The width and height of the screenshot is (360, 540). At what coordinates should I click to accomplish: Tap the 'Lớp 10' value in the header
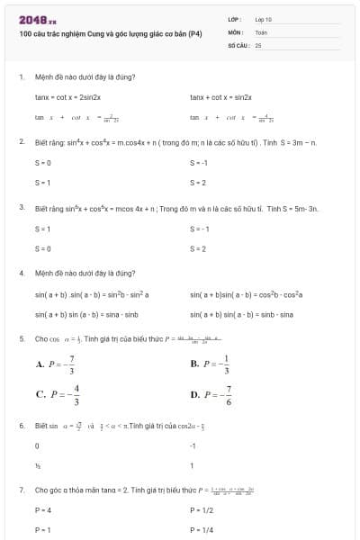click(264, 18)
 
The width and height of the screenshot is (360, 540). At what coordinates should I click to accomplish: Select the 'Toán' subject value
click(261, 31)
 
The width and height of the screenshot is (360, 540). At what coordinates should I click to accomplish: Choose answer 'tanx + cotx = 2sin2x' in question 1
click(67, 95)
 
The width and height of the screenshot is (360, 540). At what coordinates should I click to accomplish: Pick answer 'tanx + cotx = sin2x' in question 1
click(221, 95)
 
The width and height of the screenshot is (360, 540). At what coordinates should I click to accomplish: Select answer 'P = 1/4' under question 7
click(202, 529)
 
